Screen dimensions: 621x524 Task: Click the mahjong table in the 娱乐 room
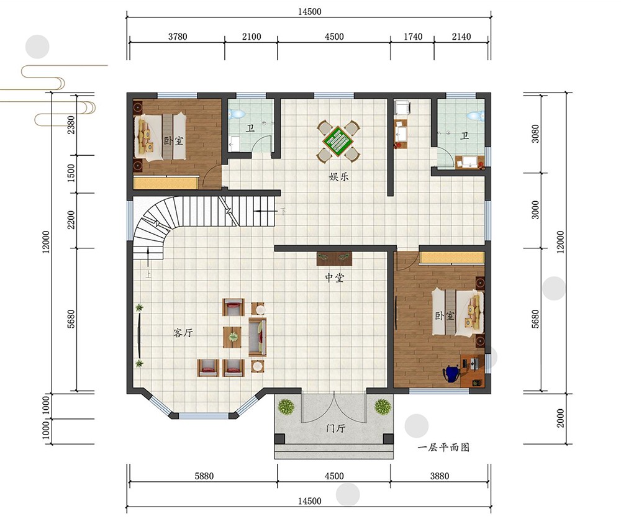338,141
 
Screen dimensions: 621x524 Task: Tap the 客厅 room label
183,333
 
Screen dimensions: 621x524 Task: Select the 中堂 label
334,278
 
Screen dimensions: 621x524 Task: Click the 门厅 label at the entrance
335,428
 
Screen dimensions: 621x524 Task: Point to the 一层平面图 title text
443,447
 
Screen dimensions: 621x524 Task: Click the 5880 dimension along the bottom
204,476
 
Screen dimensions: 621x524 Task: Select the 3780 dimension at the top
178,37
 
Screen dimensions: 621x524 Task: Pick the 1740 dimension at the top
413,37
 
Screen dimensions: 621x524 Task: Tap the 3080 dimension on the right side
535,133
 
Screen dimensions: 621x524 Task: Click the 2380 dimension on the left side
71,124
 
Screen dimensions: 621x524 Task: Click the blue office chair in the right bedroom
451,374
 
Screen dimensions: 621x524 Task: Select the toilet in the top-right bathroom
474,115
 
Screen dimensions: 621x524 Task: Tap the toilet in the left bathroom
237,114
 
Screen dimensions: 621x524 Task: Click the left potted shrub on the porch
286,407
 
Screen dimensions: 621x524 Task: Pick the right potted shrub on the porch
383,407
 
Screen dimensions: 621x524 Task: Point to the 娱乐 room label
338,177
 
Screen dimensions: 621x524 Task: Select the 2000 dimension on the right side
560,418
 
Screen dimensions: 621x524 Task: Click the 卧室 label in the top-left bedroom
174,140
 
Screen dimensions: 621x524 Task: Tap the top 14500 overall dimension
309,12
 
